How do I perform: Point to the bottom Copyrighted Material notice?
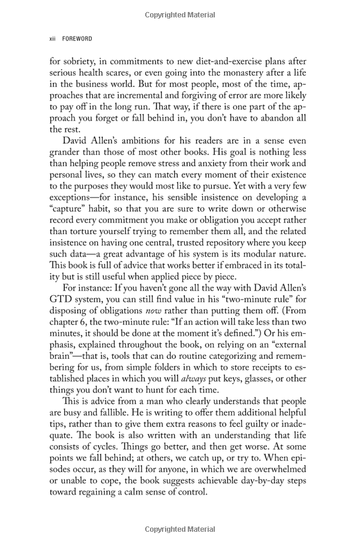click(x=180, y=529)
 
